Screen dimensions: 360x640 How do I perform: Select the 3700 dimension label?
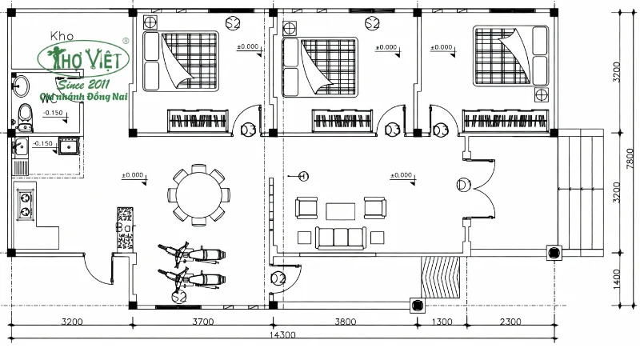pos(202,322)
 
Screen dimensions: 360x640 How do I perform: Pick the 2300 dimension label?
pos(507,322)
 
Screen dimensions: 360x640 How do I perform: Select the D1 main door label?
pos(463,185)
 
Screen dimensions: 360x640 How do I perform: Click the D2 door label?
pos(278,278)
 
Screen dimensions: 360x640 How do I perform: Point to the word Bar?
pos(124,227)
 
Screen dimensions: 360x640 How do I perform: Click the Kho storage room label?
pos(62,36)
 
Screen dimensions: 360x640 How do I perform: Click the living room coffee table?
pos(340,210)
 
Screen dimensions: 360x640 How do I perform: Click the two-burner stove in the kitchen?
pos(26,203)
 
